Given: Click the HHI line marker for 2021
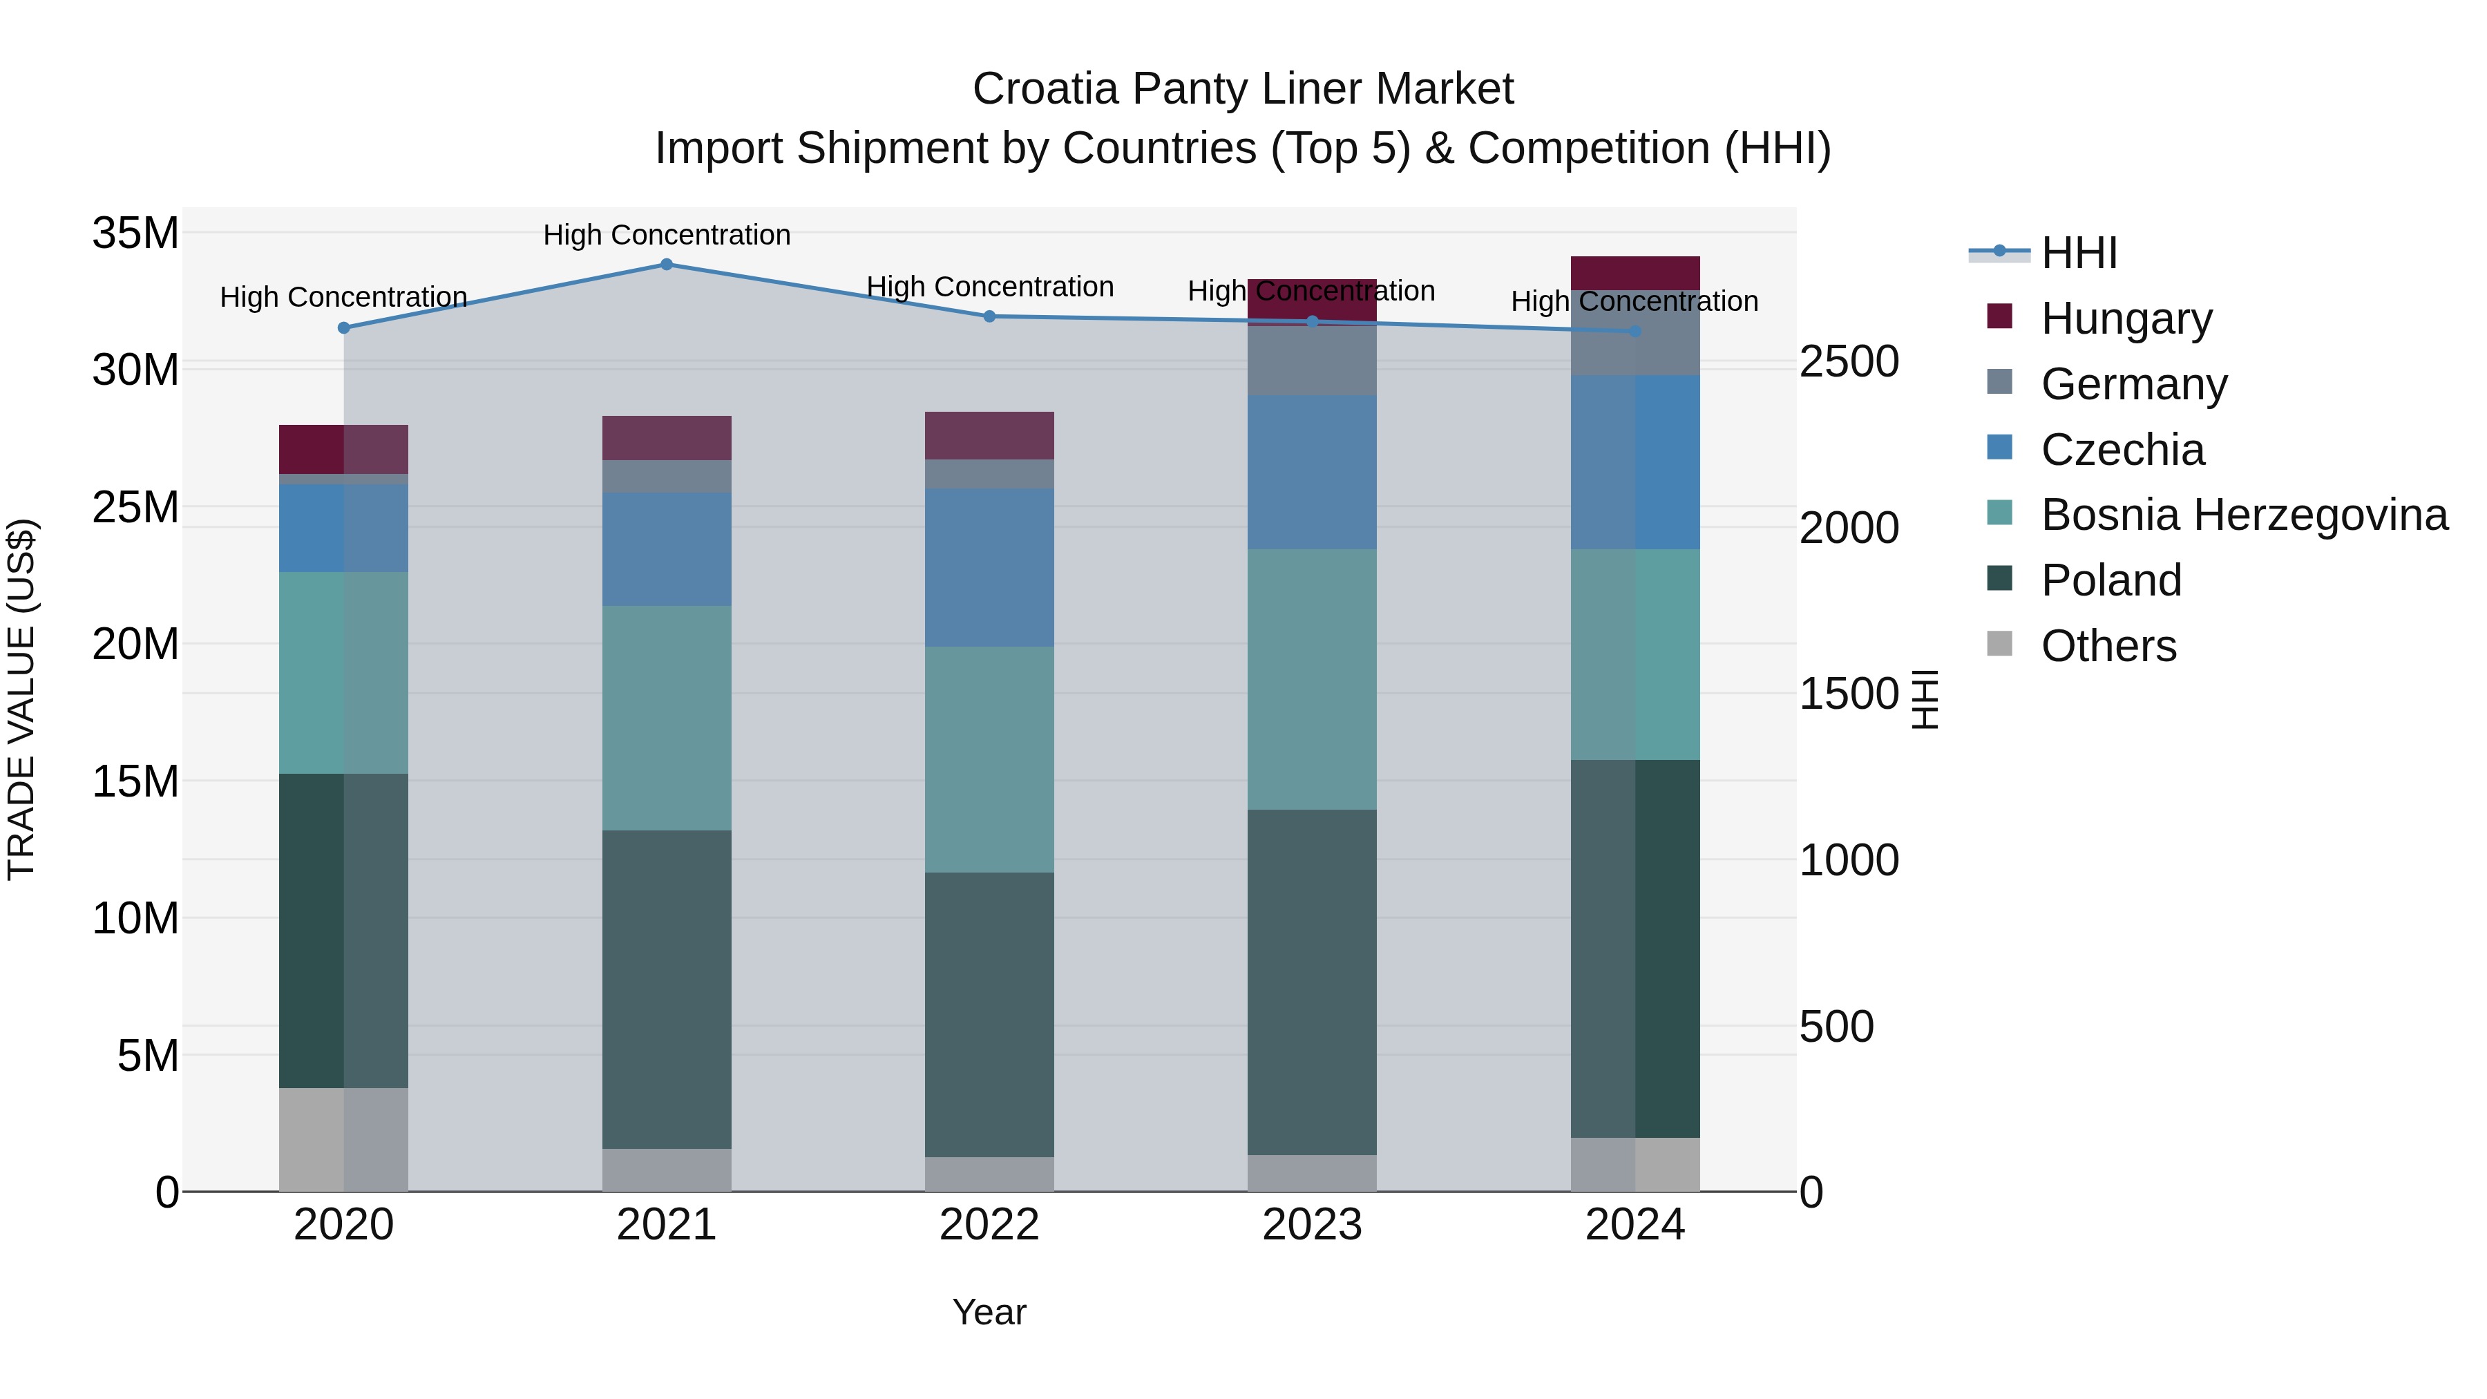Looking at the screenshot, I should pyautogui.click(x=666, y=265).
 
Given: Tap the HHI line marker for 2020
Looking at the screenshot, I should pyautogui.click(x=344, y=328).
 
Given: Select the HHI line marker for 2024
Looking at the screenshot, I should pyautogui.click(x=1635, y=331).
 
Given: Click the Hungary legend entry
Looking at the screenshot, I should pyautogui.click(x=2125, y=318).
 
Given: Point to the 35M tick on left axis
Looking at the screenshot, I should pyautogui.click(x=135, y=234).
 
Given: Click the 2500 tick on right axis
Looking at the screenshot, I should pyautogui.click(x=1849, y=362).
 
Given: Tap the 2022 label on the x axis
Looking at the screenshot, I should pyautogui.click(x=989, y=1225).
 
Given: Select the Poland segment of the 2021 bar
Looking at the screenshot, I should pyautogui.click(x=666, y=989).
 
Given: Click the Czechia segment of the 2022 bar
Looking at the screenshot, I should pyautogui.click(x=989, y=568).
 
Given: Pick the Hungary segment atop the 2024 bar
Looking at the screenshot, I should pyautogui.click(x=1635, y=273).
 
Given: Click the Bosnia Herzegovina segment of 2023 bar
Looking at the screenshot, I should pyautogui.click(x=1311, y=680).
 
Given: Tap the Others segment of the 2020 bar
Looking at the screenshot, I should pyautogui.click(x=344, y=1139).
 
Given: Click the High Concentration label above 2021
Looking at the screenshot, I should pyautogui.click(x=666, y=235).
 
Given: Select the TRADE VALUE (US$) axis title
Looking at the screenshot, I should pyautogui.click(x=21, y=699).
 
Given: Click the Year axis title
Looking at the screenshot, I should pyautogui.click(x=989, y=1312).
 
